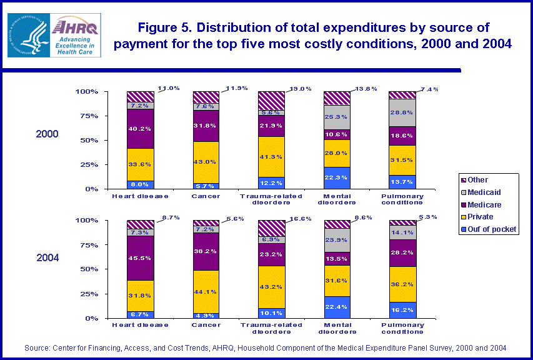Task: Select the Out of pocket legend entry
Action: [x=490, y=229]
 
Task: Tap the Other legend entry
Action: [x=478, y=180]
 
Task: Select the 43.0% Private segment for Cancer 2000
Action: [x=206, y=162]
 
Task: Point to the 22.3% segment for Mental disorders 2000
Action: [x=337, y=177]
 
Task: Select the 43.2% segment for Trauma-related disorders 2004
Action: [x=272, y=287]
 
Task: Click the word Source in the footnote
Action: [x=37, y=347]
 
